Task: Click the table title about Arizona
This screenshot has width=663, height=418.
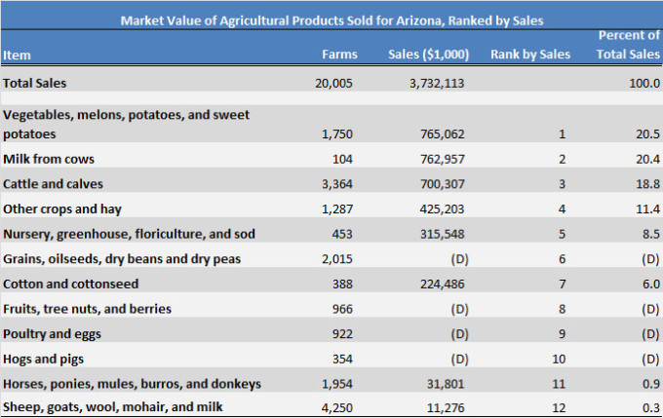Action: coord(331,19)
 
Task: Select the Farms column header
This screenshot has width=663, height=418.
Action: coord(339,55)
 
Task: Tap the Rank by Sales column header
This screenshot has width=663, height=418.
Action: coord(529,55)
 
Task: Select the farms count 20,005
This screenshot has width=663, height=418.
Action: coord(336,84)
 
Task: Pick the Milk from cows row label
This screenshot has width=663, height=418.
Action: coord(49,158)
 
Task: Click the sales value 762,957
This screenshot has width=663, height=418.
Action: coord(438,158)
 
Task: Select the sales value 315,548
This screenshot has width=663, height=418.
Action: coord(438,234)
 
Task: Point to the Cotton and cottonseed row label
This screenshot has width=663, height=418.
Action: coord(71,284)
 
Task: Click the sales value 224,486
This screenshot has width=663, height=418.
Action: coord(438,284)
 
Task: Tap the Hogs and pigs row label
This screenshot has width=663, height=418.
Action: coord(43,359)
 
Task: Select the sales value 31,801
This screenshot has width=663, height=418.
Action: coord(442,384)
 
